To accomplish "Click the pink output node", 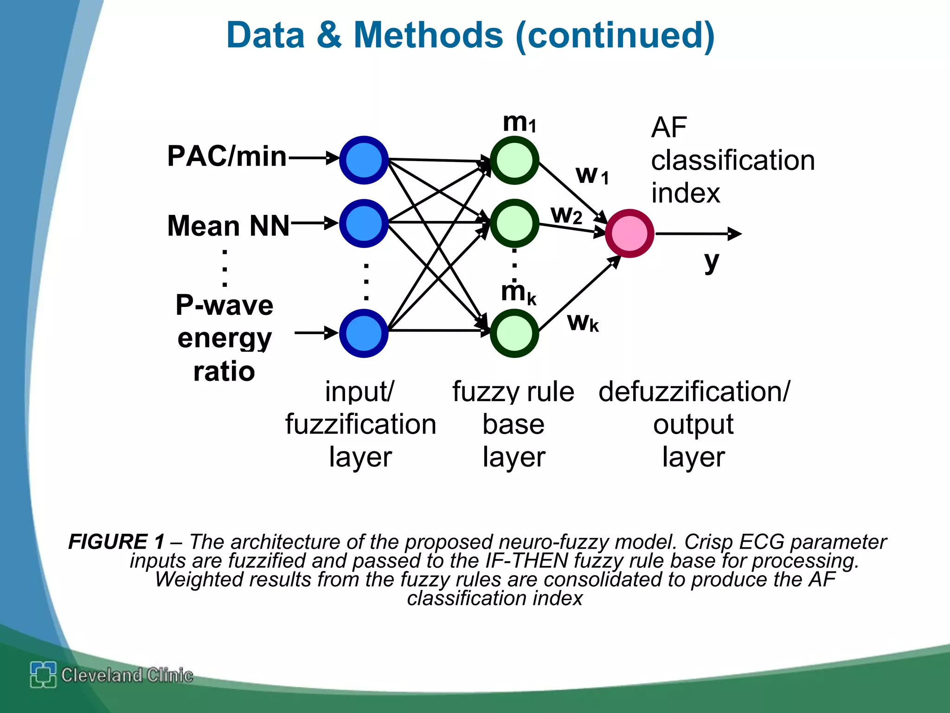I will pos(629,233).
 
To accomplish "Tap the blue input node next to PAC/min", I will pos(364,160).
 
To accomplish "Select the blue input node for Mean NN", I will pos(364,223).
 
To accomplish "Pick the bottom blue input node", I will pos(364,333).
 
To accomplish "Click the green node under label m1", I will pos(514,160).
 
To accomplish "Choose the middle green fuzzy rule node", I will pos(514,223).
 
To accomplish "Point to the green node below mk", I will pos(514,333).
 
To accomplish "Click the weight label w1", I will pos(592,175).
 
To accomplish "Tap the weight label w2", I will pos(566,215).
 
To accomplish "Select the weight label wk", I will pos(583,322).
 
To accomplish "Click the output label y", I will pos(711,262).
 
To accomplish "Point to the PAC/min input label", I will pos(227,156).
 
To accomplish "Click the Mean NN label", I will pos(228,226).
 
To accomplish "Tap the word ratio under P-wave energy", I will pos(224,371).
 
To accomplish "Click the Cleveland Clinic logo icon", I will pos(43,674).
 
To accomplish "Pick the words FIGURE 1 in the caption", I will pos(116,542).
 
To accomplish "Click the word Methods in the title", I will pos(428,35).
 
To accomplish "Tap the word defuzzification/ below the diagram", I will pos(693,392).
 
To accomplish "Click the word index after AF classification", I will pos(685,193).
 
